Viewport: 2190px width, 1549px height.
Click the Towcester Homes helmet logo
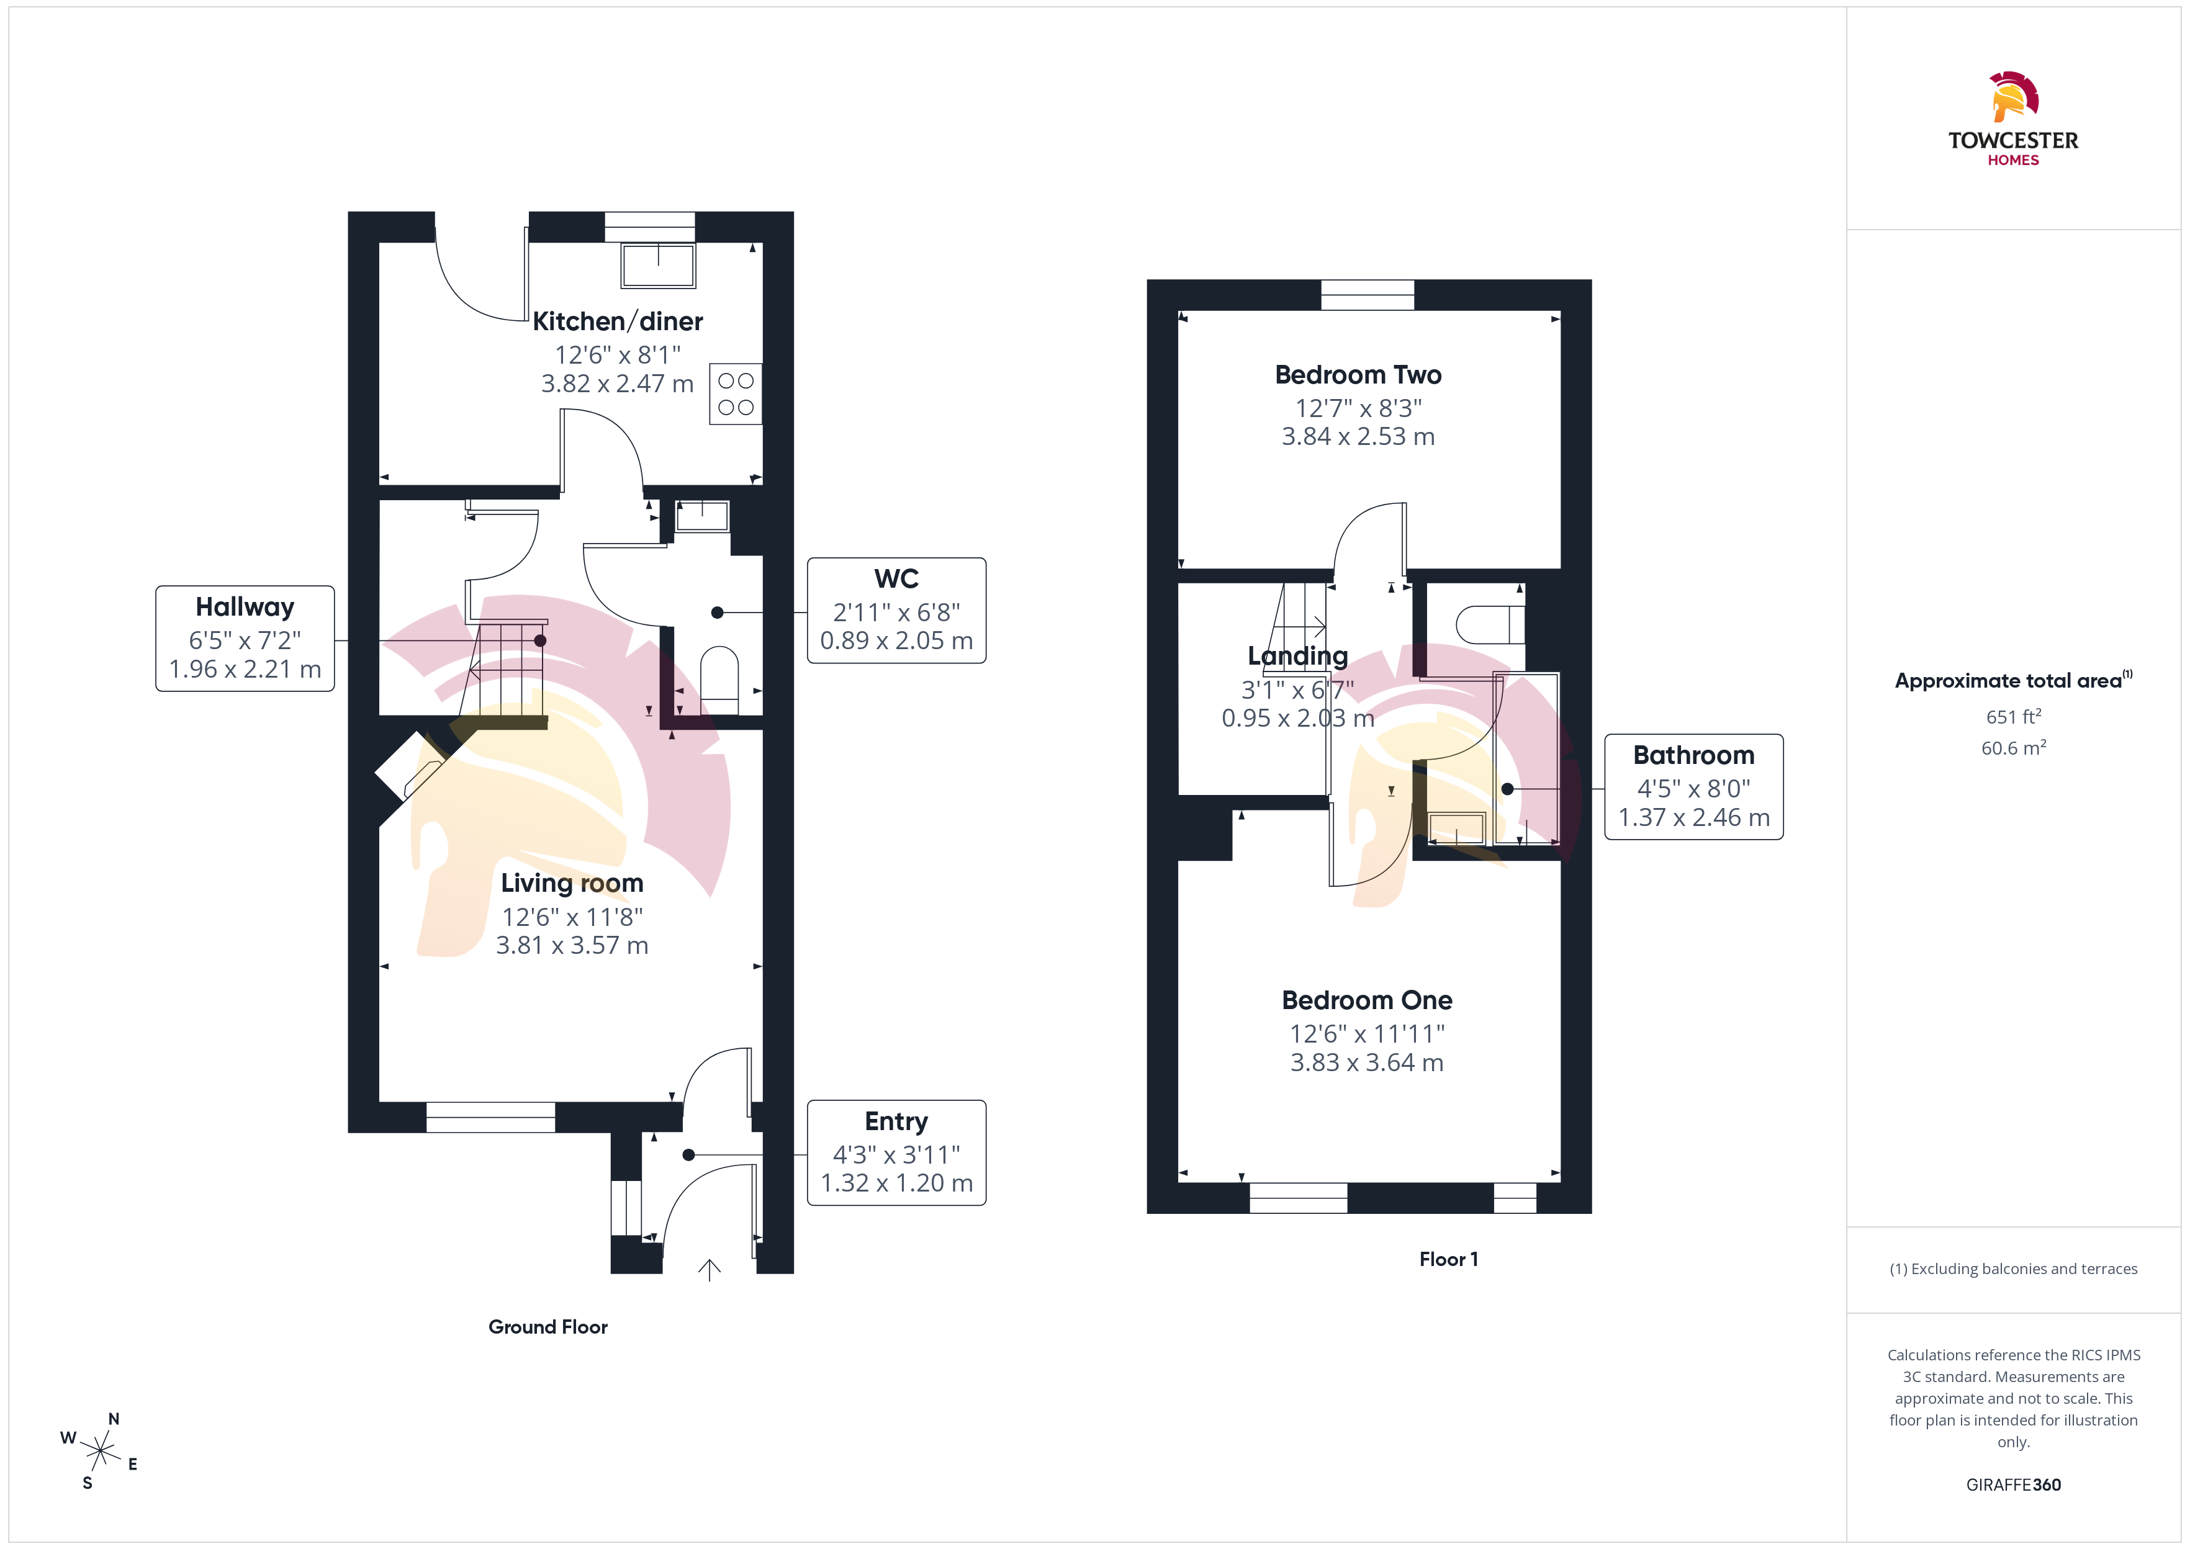coord(2014,96)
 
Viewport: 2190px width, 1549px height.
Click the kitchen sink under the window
coord(657,265)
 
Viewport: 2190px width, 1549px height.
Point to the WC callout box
coord(896,611)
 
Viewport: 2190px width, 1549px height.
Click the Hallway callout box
coord(245,638)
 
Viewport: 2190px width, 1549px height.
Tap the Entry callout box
coord(896,1152)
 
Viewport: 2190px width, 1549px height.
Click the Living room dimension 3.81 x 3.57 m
coord(572,945)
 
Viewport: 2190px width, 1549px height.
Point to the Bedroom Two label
coord(1358,375)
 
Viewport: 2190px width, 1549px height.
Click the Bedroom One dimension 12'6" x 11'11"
coord(1367,1034)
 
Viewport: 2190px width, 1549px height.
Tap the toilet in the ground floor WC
coord(719,679)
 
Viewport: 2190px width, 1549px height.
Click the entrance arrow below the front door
coord(709,1270)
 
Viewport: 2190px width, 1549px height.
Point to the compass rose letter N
coord(114,1419)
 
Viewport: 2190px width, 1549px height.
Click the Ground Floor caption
coord(547,1327)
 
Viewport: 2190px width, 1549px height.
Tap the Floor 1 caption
coord(1448,1259)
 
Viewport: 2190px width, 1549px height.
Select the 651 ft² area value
coord(2014,716)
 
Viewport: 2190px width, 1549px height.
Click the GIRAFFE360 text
coord(2014,1485)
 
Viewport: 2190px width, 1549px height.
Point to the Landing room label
coord(1298,656)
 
